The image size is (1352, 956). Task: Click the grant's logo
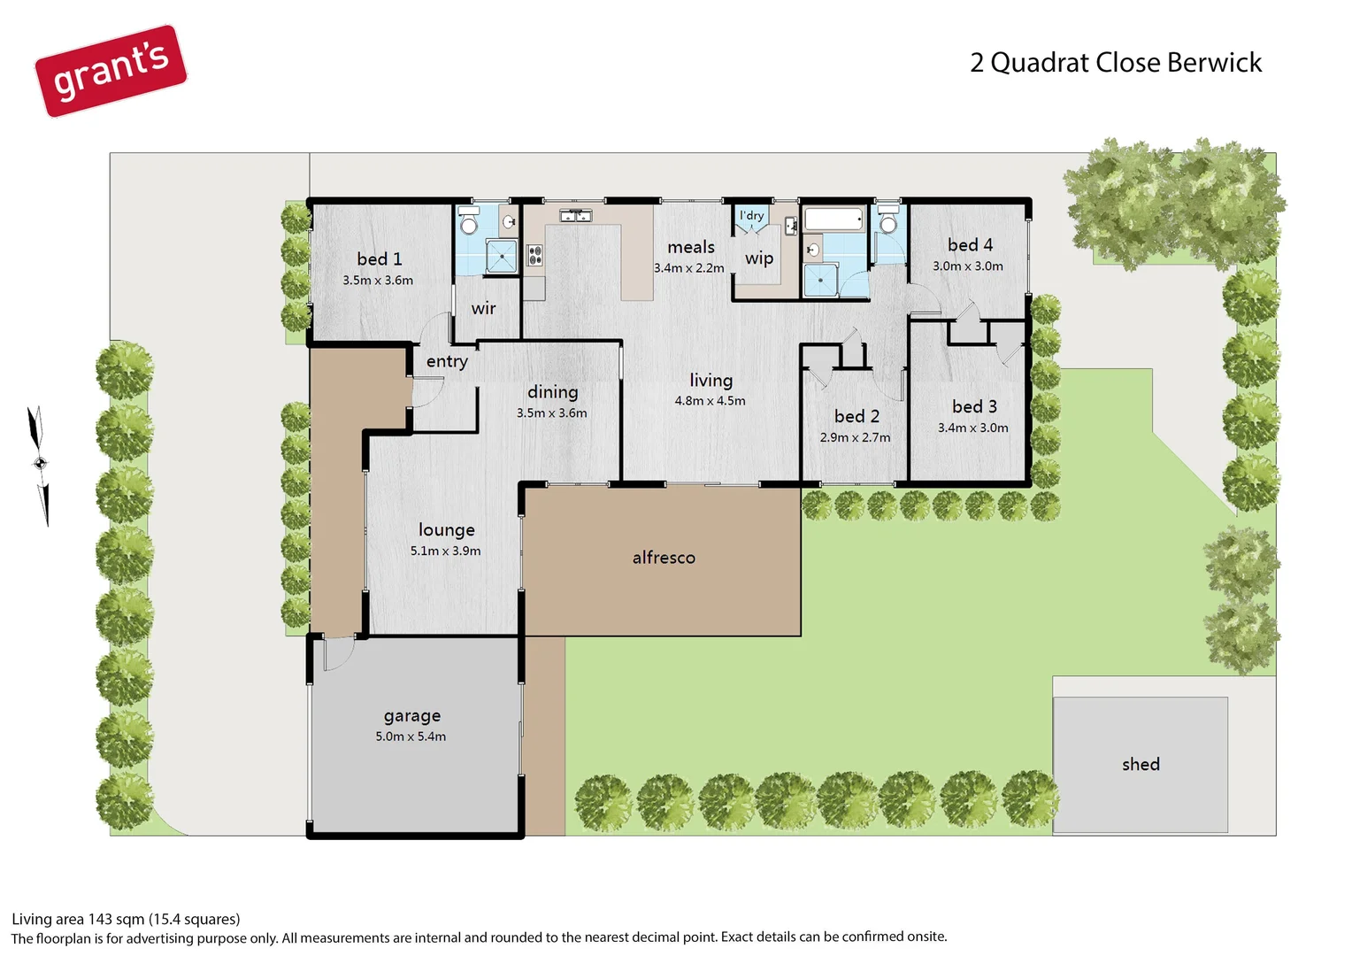[x=111, y=71]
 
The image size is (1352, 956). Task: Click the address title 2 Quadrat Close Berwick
[x=1115, y=63]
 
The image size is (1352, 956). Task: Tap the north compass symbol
[x=39, y=464]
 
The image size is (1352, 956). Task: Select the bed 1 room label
[x=379, y=258]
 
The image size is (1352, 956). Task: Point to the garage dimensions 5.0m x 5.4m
[x=411, y=736]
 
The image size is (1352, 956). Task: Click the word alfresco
[x=664, y=558]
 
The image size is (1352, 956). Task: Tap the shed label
[x=1140, y=764]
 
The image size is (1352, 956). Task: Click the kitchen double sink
[x=575, y=215]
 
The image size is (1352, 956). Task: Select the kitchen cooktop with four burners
[x=534, y=256]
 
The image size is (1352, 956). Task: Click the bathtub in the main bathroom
[x=833, y=219]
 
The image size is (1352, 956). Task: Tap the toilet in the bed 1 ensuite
[x=468, y=222]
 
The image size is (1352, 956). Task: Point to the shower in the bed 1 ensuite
[x=501, y=258]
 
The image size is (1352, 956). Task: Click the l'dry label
[x=751, y=215]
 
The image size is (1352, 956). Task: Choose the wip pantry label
[x=758, y=258]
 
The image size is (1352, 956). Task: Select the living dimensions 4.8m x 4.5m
[x=710, y=401]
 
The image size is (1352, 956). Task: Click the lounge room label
[x=446, y=529]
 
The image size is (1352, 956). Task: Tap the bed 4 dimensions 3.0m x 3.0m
[x=968, y=266]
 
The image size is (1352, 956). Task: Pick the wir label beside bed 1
[x=483, y=308]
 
